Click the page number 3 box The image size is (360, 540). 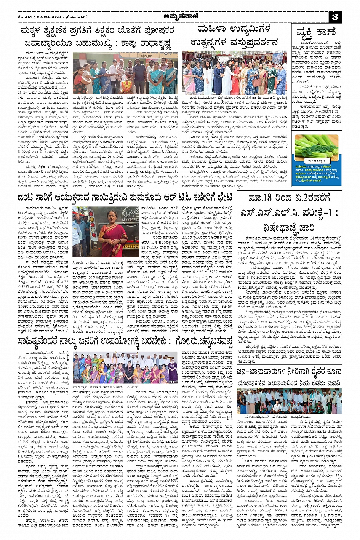(x=335, y=17)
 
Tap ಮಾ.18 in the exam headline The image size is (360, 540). (x=263, y=198)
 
